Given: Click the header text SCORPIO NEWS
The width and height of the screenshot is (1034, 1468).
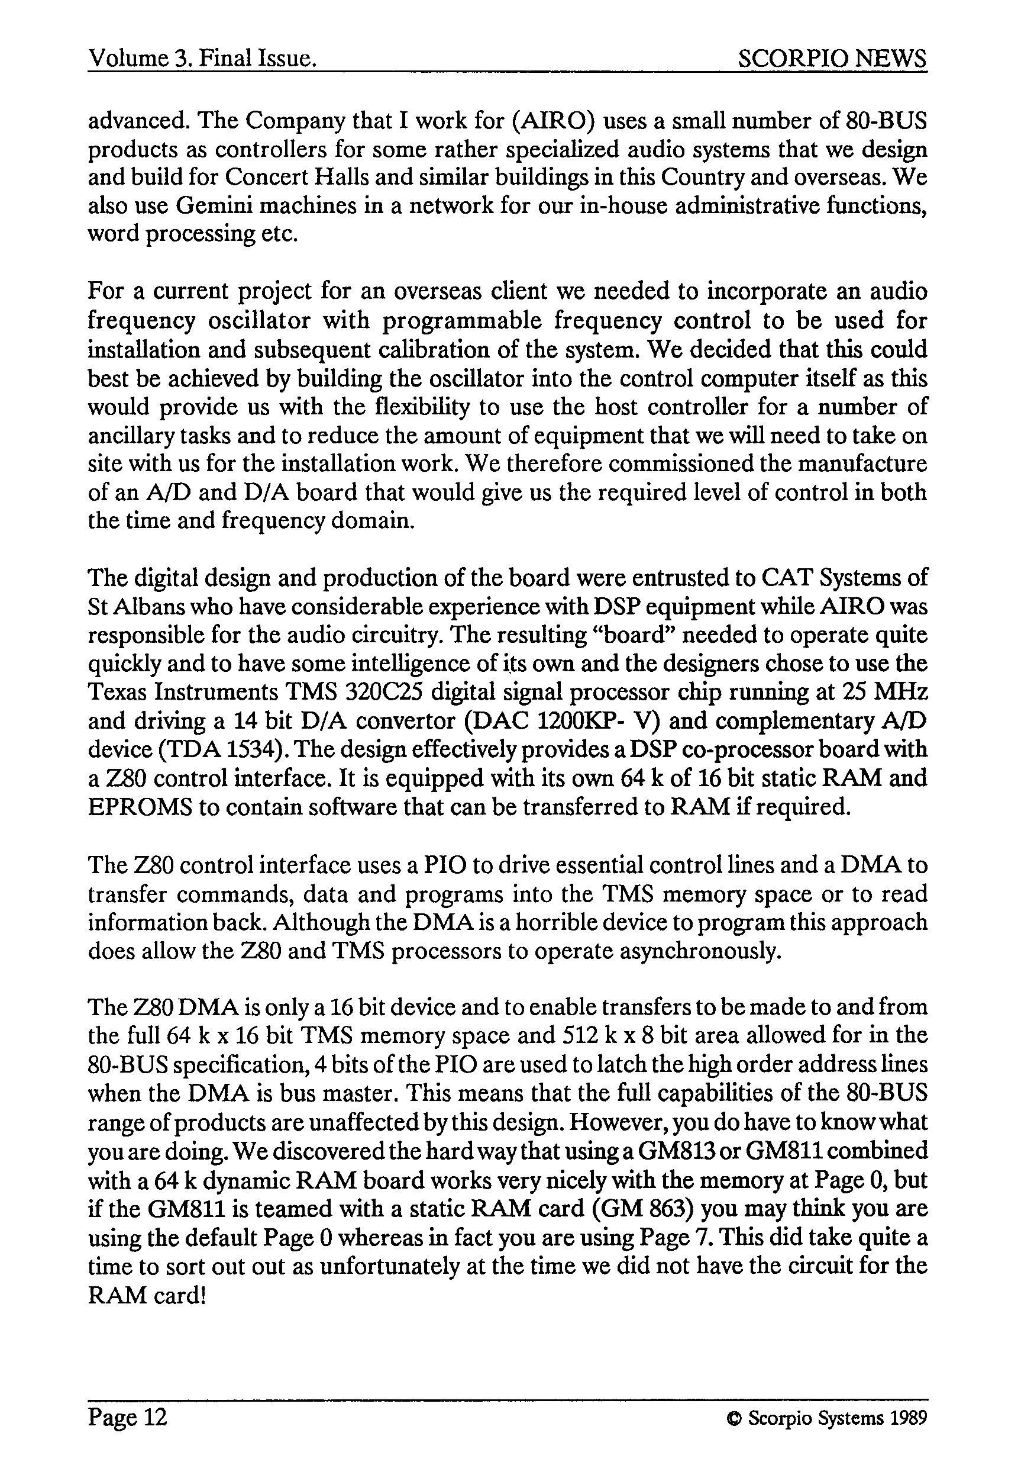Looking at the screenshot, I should (832, 59).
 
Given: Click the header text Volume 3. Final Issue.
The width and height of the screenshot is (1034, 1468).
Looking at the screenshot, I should (203, 59).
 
